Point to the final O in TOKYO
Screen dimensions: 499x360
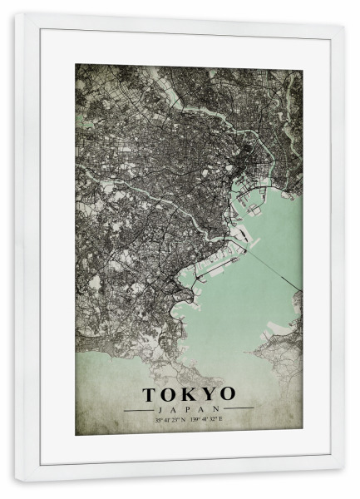tap(226, 394)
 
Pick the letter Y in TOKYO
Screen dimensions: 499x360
tap(208, 394)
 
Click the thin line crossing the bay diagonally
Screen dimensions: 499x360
tap(270, 266)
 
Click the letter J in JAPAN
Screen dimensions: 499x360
tap(160, 409)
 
